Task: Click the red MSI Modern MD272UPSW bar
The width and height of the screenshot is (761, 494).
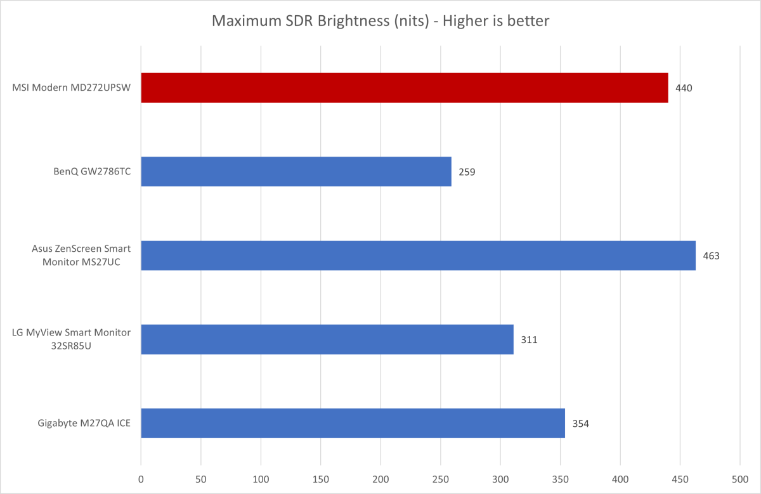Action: (x=404, y=88)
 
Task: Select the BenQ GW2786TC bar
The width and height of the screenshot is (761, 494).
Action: (x=296, y=171)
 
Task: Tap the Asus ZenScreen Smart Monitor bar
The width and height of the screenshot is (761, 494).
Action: (x=418, y=256)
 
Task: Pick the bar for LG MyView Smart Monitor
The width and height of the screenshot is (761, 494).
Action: (x=327, y=339)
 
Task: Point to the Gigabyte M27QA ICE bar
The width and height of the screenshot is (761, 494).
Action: (x=353, y=423)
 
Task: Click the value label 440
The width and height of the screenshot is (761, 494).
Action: (x=684, y=88)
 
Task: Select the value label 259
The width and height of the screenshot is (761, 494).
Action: (x=467, y=172)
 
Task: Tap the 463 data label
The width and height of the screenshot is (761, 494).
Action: (x=711, y=256)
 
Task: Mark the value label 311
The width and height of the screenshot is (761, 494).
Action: (x=529, y=340)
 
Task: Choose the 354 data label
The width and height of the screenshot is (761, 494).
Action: (x=581, y=424)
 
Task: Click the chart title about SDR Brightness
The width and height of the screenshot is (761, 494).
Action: (x=380, y=21)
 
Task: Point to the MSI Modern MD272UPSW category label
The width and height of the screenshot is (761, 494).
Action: (x=71, y=88)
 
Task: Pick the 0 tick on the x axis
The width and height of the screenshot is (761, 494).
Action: (x=141, y=477)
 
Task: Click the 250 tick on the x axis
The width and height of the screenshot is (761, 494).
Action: (x=441, y=477)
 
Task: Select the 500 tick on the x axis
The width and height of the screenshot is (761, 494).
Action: (x=740, y=477)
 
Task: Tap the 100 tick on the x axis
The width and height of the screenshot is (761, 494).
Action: (x=261, y=477)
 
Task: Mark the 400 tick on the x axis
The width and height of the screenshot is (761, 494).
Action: (x=620, y=477)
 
